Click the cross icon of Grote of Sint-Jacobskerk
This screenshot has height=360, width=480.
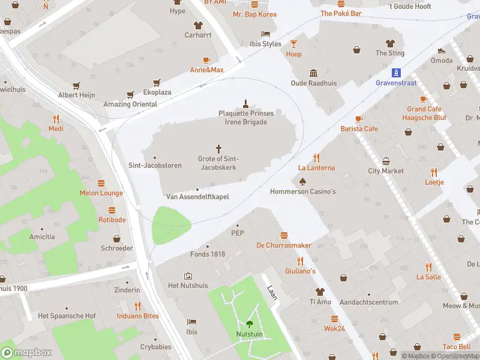coord(218,148)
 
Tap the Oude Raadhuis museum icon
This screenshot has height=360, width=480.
coord(313,73)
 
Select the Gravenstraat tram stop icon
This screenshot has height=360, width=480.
coord(396,73)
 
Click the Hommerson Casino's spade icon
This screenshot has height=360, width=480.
coord(302,181)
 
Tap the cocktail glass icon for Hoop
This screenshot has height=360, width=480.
coord(293,44)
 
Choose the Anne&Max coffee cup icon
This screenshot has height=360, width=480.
coord(206,60)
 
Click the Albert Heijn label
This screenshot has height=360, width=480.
coord(76,95)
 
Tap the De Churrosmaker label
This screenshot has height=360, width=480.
coord(284,245)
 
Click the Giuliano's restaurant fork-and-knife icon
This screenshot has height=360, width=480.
coord(299,261)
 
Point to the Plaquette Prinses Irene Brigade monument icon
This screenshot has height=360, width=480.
coord(245,103)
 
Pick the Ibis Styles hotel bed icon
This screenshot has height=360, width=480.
coord(265,34)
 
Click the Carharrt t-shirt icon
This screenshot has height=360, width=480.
coord(197,25)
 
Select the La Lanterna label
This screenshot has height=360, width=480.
coord(316,168)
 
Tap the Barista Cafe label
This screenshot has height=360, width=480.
coord(359,128)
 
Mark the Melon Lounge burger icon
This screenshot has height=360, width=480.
coord(101,183)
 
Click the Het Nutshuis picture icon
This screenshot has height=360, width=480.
coord(188,276)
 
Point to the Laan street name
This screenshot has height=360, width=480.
coord(271,293)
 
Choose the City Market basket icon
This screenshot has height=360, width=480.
coord(386,161)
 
